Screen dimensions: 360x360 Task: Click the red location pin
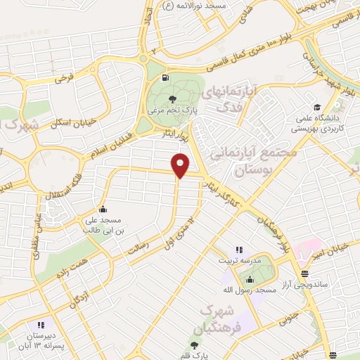pos(181,165)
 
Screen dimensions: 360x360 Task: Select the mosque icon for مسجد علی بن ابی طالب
pos(103,209)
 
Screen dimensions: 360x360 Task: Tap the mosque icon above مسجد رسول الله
pos(250,279)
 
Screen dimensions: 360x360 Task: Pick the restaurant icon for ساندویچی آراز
pos(304,274)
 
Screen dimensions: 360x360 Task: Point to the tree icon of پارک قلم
pos(195,345)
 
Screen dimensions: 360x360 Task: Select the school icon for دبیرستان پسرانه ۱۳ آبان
pos(40,325)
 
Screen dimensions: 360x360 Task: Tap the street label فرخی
pos(65,75)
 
